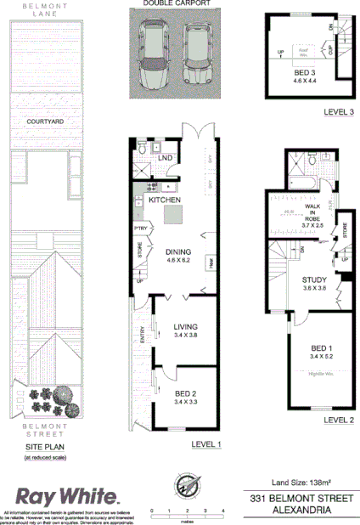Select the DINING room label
[178, 251]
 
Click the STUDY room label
[315, 279]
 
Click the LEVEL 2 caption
[337, 419]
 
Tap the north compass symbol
[187, 487]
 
